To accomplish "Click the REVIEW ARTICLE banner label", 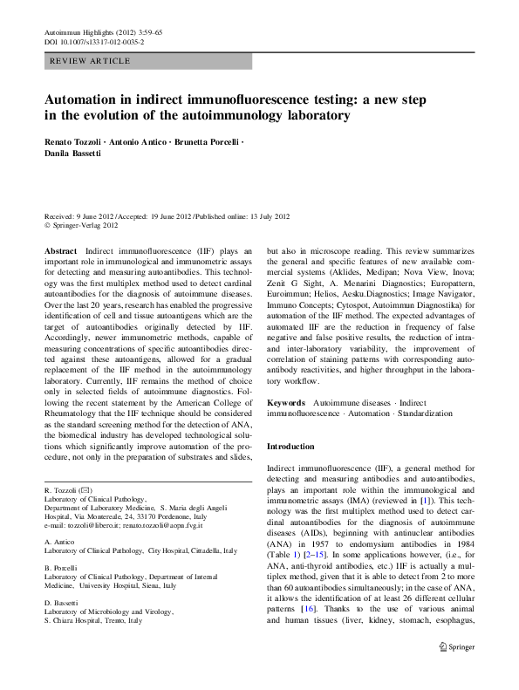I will pyautogui.click(x=91, y=61).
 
